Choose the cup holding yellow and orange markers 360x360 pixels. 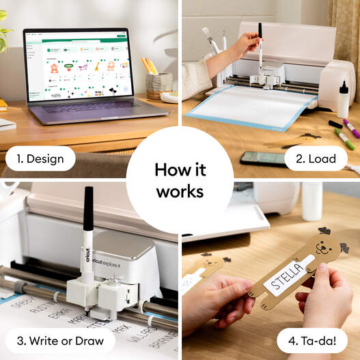click(158, 85)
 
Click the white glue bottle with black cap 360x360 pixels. click(343, 100)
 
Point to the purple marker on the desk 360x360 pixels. click(350, 128)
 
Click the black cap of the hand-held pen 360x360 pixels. click(260, 30)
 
